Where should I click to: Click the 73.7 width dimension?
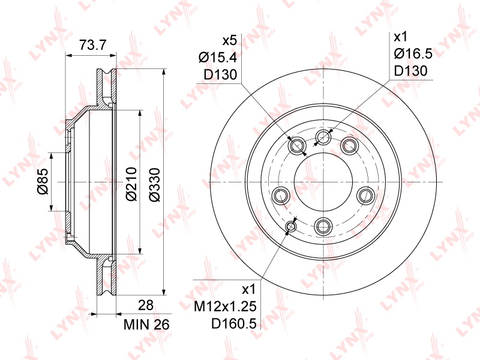92,45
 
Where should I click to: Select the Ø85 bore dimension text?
43,181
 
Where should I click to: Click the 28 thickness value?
145,305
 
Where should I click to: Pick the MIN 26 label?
146,325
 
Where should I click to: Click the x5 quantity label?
230,40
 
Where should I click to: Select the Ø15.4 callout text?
218,57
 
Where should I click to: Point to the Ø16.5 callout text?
413,54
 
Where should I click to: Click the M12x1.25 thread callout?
225,306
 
